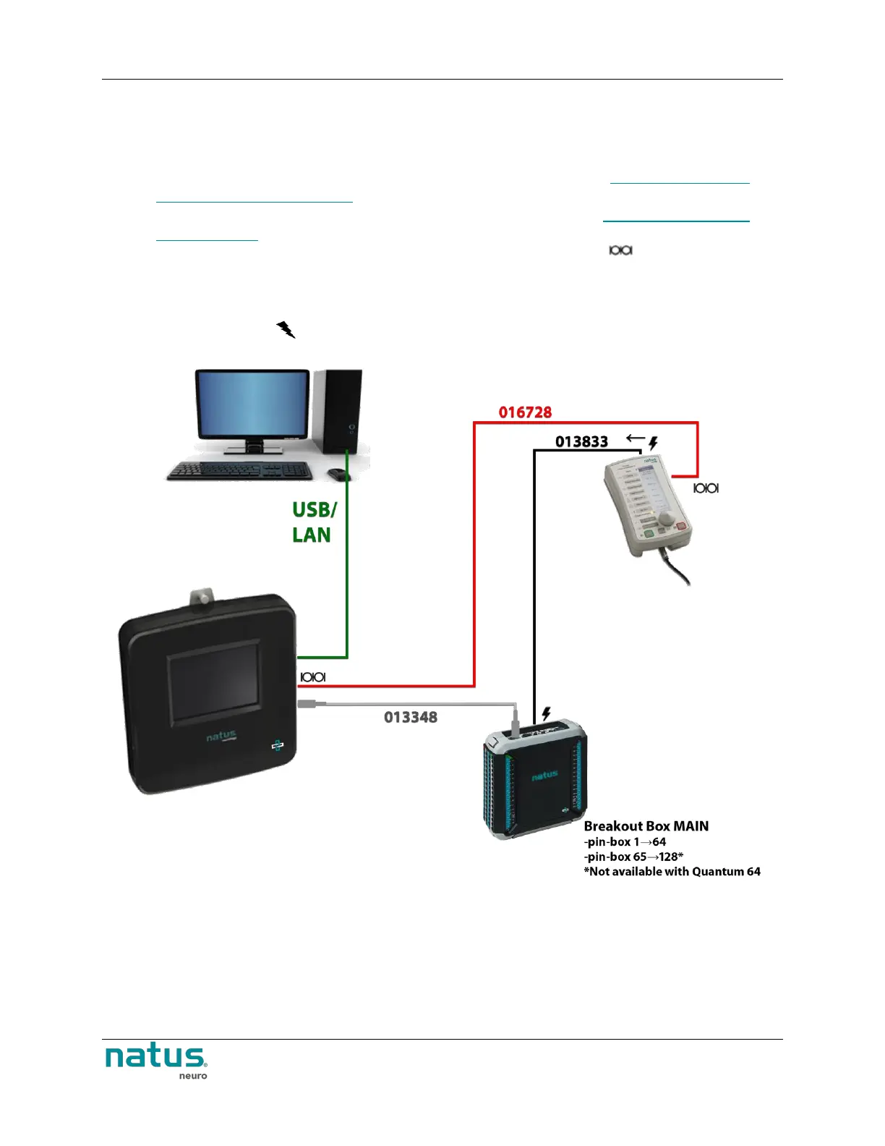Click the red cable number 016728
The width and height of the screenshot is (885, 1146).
pos(525,412)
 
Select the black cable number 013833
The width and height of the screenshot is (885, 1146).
pos(581,441)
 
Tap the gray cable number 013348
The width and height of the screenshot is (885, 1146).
pos(410,717)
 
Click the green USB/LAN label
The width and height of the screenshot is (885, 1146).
pos(314,522)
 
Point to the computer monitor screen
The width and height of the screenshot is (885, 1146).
pos(252,403)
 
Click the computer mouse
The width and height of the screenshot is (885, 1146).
pos(338,474)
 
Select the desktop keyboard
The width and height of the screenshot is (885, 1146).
pos(240,471)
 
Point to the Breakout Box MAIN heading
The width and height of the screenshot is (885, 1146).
pos(646,826)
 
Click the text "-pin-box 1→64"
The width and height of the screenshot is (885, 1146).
pos(625,842)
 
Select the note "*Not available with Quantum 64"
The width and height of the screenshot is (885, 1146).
pos(672,872)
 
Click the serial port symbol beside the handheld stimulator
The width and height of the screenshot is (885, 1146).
pos(706,488)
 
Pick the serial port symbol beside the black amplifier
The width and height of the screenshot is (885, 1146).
pos(312,677)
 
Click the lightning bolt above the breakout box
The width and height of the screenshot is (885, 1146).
pos(546,714)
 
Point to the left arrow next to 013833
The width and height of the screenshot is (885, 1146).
pos(636,438)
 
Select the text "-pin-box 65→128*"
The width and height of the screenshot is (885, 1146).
pos(633,857)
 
